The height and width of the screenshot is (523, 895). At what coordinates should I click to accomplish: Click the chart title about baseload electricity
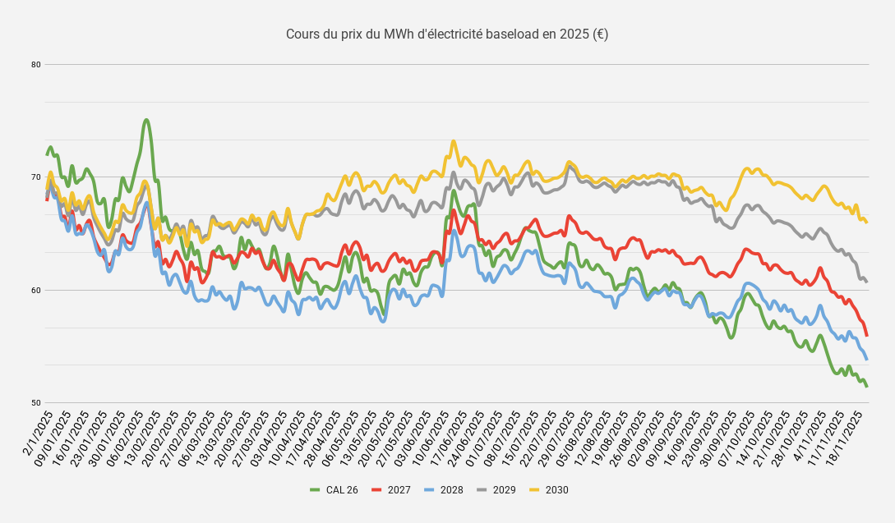[x=447, y=34]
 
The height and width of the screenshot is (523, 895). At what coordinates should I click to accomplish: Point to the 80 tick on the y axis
[x=36, y=65]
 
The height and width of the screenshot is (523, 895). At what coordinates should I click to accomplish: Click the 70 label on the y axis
[x=36, y=177]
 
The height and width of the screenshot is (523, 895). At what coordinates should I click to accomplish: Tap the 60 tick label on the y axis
[x=36, y=291]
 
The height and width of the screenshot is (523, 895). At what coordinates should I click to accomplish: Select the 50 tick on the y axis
[x=36, y=403]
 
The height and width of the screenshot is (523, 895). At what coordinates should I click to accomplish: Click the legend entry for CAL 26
[x=334, y=490]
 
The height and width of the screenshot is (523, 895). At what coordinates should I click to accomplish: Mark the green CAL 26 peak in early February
[x=146, y=120]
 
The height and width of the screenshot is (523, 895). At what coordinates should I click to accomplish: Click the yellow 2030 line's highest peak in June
[x=454, y=141]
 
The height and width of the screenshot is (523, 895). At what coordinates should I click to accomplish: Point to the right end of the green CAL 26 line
[x=867, y=386]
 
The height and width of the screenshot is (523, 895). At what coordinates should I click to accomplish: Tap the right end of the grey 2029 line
[x=867, y=282]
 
